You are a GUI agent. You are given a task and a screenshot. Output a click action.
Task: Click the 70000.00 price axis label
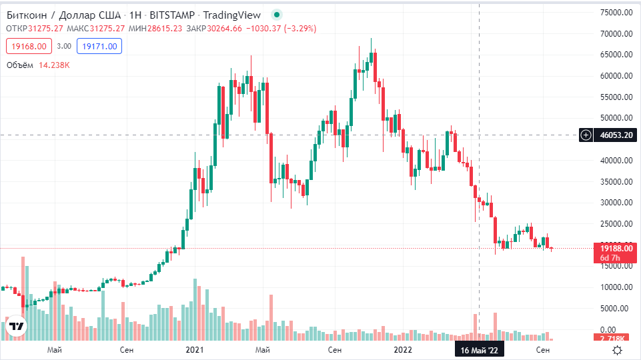pos(616,34)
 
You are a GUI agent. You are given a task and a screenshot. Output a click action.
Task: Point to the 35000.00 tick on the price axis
pos(616,181)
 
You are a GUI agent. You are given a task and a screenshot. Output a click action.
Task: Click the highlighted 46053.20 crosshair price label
pos(616,135)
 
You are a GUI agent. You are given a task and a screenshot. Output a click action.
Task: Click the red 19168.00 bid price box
pos(28,46)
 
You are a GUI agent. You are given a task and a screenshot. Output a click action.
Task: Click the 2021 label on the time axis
pos(194,350)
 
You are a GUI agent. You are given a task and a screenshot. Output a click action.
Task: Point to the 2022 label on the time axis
pos(402,350)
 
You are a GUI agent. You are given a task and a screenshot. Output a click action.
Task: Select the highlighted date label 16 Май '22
pos(480,350)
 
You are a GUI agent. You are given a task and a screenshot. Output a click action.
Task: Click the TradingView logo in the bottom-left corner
pos(16,327)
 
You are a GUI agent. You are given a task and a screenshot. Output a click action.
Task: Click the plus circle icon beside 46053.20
pos(586,135)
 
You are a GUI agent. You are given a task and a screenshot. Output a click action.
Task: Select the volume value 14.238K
pos(55,65)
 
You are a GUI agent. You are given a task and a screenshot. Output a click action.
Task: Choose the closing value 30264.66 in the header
pos(224,29)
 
